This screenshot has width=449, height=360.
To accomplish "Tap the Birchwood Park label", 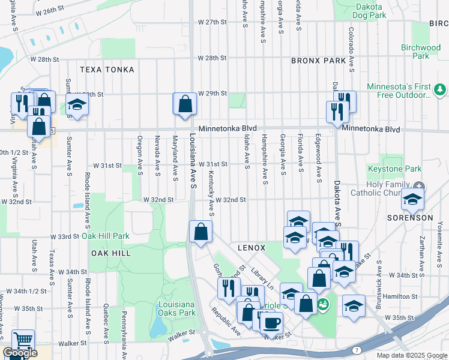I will tap(421, 52).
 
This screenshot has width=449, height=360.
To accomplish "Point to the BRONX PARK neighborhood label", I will tap(318, 61).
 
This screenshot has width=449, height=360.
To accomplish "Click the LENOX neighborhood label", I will tap(252, 247).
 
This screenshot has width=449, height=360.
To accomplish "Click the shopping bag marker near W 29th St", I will tap(185, 104).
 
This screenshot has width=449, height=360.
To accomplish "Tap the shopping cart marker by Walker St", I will tap(23, 341).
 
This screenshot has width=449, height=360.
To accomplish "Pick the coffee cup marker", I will tap(271, 323).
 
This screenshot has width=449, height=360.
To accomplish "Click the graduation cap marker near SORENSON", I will tap(412, 200).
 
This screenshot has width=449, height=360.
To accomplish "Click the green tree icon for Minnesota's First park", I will tap(441, 89).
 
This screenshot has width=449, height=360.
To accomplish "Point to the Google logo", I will tap(20, 353).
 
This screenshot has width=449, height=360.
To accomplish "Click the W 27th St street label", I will tap(212, 22).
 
